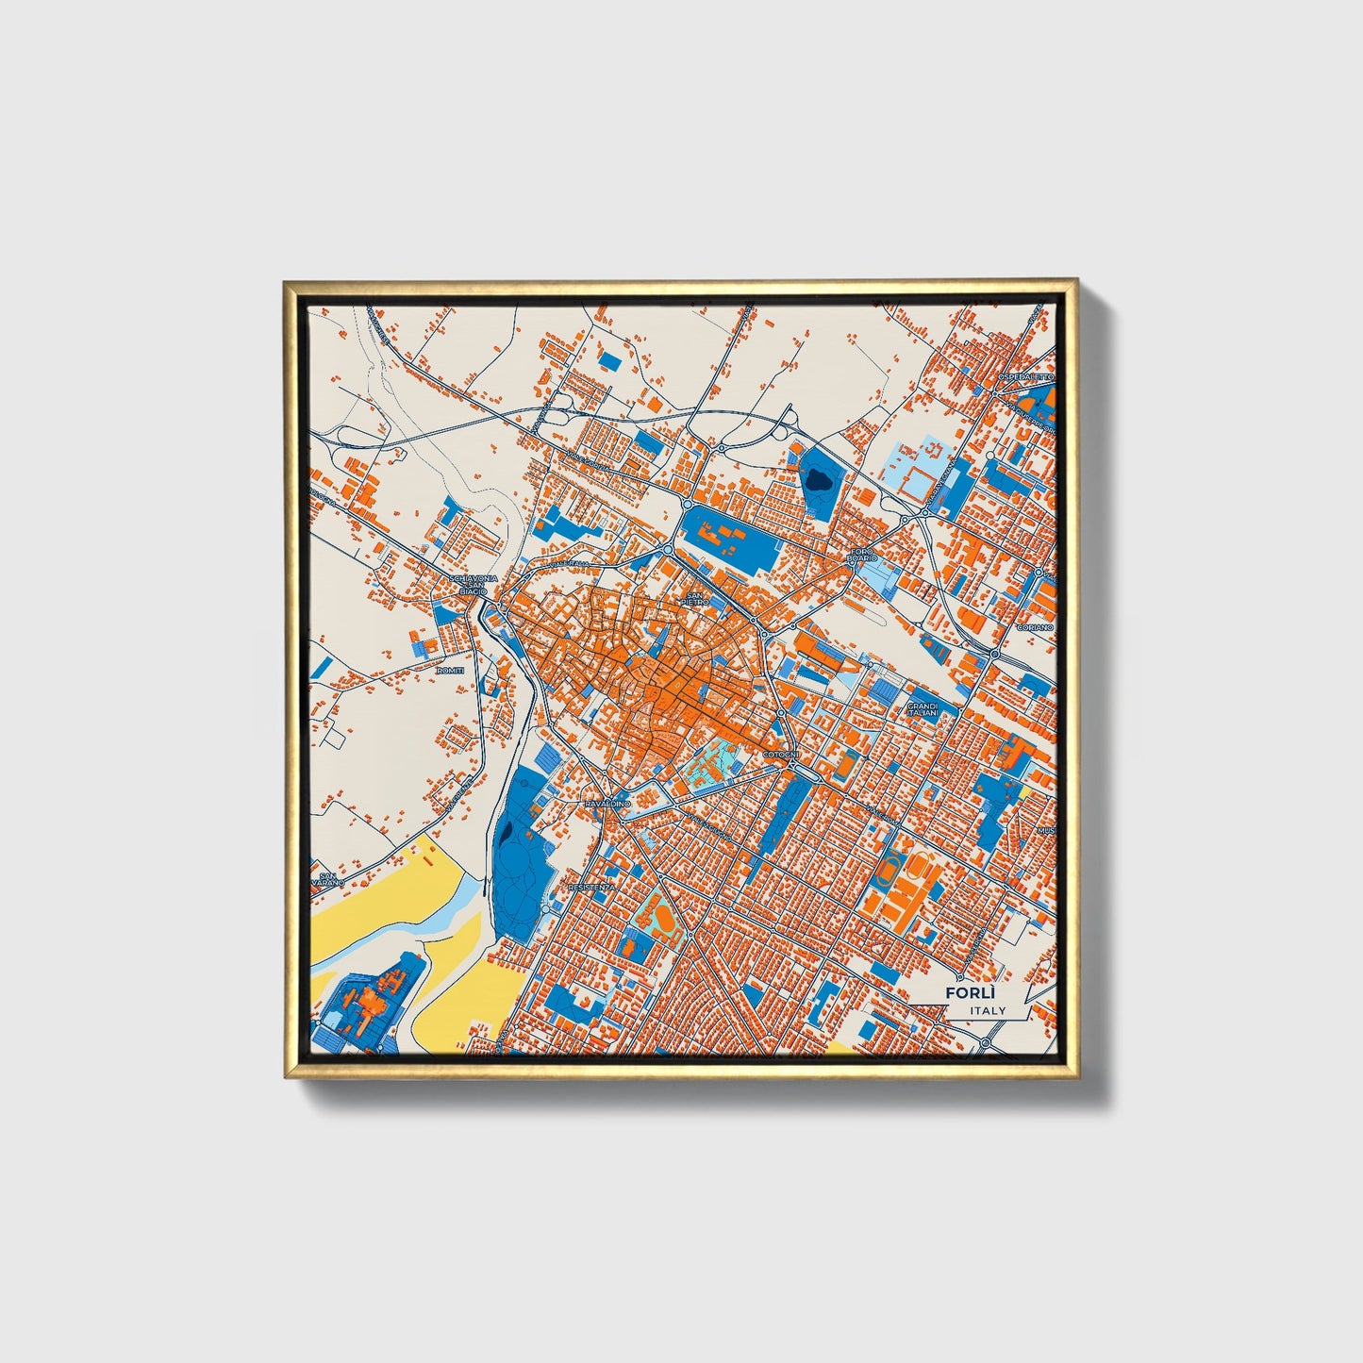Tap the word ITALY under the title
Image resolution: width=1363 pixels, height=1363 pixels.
987,1010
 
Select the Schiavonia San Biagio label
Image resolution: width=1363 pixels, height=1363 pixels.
468,584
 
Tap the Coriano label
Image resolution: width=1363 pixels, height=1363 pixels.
1033,626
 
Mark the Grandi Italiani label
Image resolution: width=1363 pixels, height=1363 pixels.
922,708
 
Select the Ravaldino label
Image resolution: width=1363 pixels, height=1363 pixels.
607,803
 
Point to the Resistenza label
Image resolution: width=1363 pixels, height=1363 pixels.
592,888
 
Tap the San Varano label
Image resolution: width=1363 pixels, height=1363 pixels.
328,879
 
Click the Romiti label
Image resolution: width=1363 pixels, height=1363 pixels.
451,670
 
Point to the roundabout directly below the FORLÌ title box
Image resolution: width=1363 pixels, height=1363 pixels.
985,1043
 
